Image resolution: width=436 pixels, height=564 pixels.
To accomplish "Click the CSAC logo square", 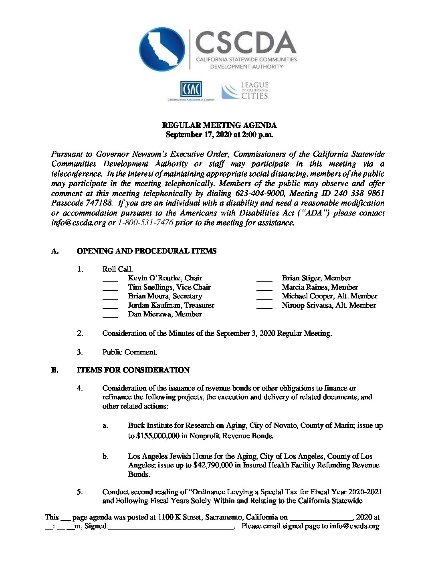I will [191, 89].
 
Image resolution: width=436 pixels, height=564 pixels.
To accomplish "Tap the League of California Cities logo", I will [245, 91].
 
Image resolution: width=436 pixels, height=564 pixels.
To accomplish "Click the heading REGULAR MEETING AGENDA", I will [219, 125].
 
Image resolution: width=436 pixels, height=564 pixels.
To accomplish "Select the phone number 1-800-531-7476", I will [145, 223].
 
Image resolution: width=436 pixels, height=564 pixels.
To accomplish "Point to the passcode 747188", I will [97, 203].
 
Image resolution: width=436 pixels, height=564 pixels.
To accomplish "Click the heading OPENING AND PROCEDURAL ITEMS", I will [146, 251].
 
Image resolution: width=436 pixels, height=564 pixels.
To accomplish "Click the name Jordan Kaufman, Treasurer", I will [171, 305].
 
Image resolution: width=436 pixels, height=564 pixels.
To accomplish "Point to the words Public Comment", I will [129, 352].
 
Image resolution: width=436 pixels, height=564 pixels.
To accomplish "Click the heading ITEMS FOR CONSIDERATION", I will [133, 370].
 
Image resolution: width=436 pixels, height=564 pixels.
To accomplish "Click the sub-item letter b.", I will [105, 456].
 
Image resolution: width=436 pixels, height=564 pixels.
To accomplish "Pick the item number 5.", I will [80, 492].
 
